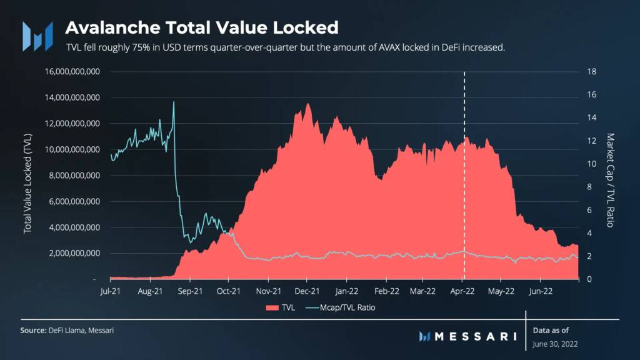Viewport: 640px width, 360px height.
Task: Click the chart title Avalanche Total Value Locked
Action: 202,27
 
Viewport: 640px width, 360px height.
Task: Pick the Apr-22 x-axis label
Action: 462,291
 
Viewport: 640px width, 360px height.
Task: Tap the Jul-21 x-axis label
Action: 111,291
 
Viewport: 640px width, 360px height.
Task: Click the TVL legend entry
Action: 280,307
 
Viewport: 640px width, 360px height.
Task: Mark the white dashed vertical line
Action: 464,187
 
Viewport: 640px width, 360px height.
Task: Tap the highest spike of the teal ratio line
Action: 173,102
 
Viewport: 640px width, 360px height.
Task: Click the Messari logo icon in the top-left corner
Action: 37,36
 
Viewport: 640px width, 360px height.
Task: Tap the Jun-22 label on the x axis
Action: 541,291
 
